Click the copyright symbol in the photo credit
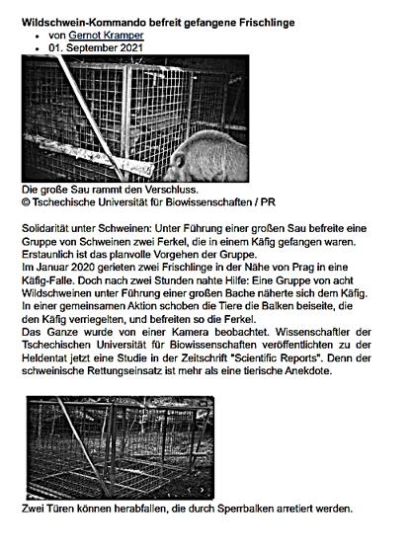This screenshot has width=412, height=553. coord(27,201)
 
